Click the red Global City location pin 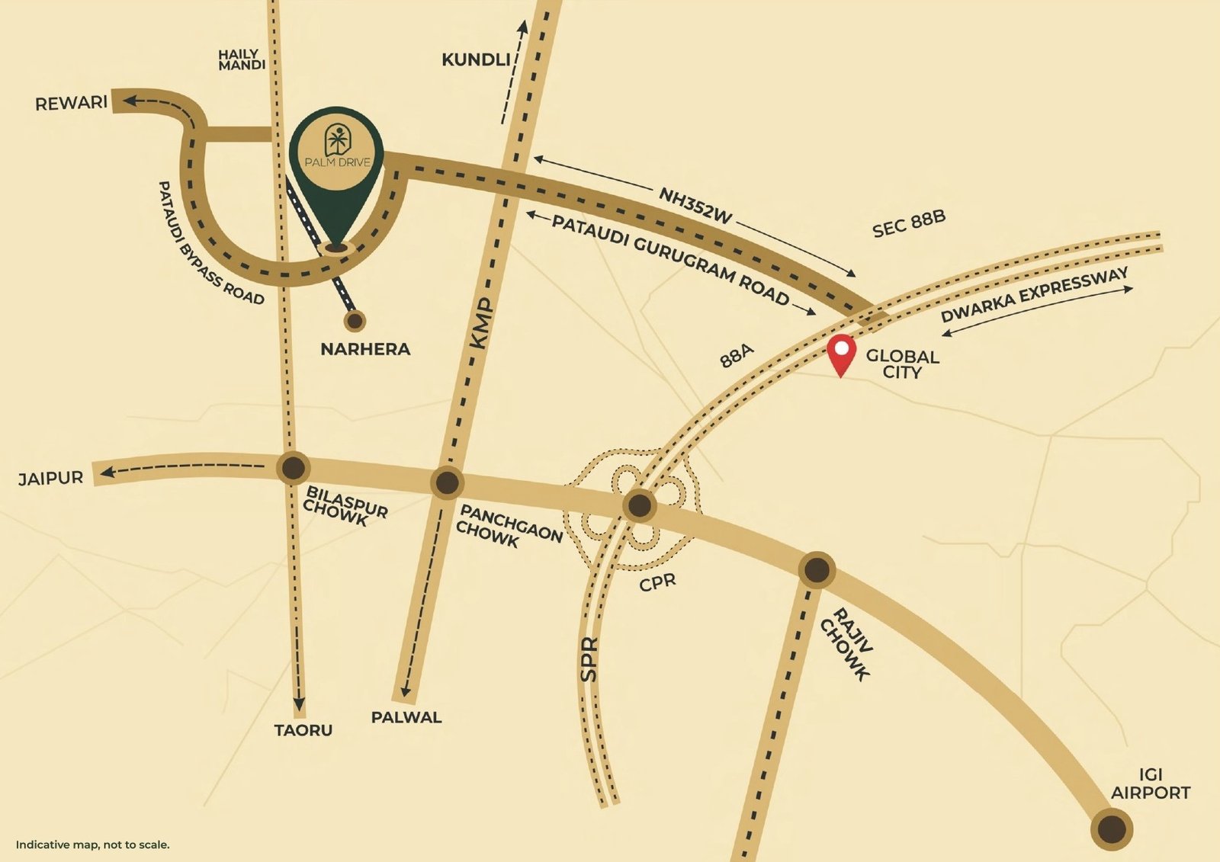point(841,352)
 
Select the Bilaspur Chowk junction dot point(293,468)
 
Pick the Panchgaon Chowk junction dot point(447,482)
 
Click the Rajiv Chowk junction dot point(817,569)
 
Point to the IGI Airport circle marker point(1111,829)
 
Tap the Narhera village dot point(354,321)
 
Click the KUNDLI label point(475,59)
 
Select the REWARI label point(71,103)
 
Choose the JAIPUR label point(50,479)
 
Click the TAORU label point(303,730)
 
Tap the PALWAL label point(406,717)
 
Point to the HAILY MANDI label point(242,59)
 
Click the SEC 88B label point(909,223)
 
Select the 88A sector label point(737,355)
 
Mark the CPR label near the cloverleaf point(657,582)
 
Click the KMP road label point(482,324)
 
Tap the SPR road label point(589,659)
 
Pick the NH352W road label point(695,206)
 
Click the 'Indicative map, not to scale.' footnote point(92,844)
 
